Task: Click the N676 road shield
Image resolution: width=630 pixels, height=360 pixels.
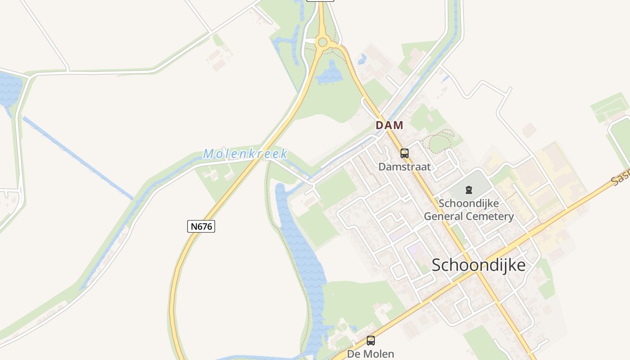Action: click(x=201, y=226)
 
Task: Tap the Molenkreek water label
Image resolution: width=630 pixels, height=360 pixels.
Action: click(x=245, y=154)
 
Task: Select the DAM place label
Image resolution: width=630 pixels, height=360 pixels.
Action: click(x=389, y=126)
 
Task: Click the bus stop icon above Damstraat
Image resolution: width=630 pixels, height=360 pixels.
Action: click(x=404, y=153)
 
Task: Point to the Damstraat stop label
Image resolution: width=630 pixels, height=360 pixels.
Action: click(x=404, y=167)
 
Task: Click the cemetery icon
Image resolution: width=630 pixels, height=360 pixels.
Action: click(x=469, y=190)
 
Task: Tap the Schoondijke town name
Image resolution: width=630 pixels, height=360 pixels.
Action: click(x=478, y=265)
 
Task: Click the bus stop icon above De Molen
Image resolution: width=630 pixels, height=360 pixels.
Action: click(x=370, y=341)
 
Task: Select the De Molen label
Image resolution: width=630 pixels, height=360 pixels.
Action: click(x=370, y=354)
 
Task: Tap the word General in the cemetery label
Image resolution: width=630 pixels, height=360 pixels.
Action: click(x=443, y=216)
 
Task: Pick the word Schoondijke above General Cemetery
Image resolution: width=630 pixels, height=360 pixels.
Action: click(x=468, y=203)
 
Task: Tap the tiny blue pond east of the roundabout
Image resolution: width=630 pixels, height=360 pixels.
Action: click(x=362, y=59)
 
